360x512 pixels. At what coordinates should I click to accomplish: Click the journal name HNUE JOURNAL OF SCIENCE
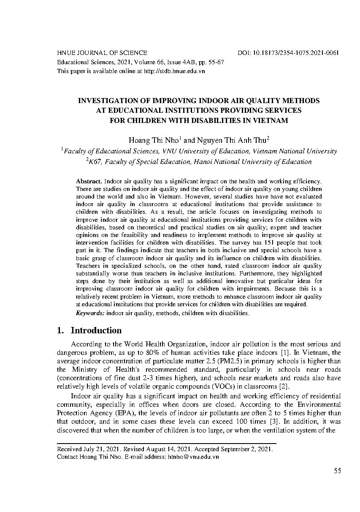pyautogui.click(x=102, y=53)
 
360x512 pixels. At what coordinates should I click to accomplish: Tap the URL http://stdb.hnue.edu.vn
pyautogui.click(x=174, y=71)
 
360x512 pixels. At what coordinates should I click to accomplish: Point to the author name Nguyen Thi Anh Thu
pyautogui.click(x=232, y=140)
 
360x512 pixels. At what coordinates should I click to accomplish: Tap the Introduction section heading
pyautogui.click(x=96, y=330)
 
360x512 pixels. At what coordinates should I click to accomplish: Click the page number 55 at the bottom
pyautogui.click(x=337, y=471)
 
